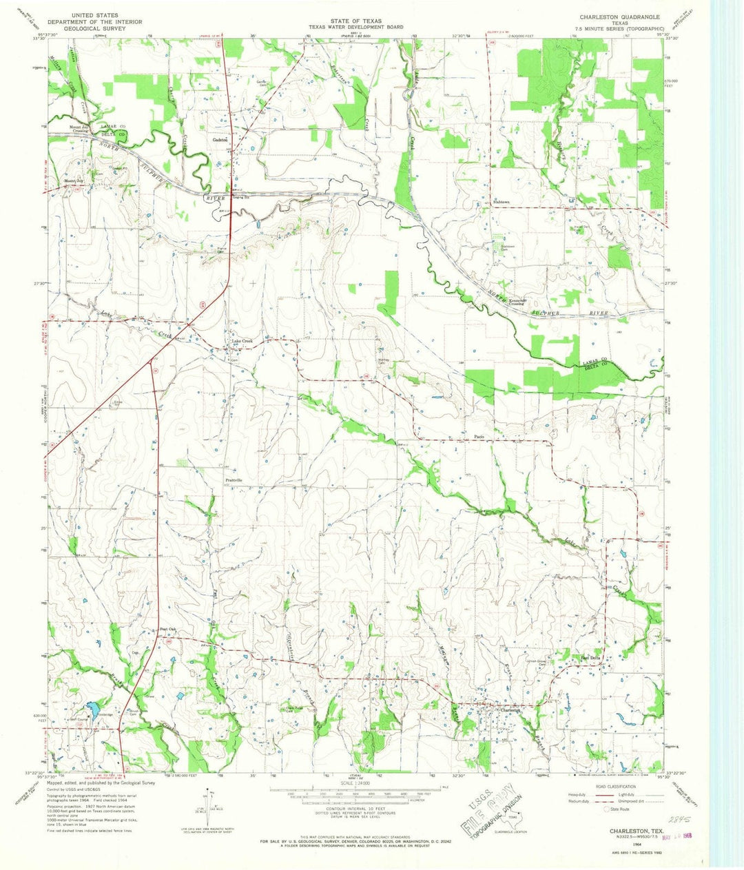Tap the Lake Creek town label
click(x=242, y=342)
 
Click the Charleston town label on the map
click(x=500, y=710)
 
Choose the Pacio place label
click(x=481, y=437)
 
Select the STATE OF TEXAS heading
click(x=355, y=21)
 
